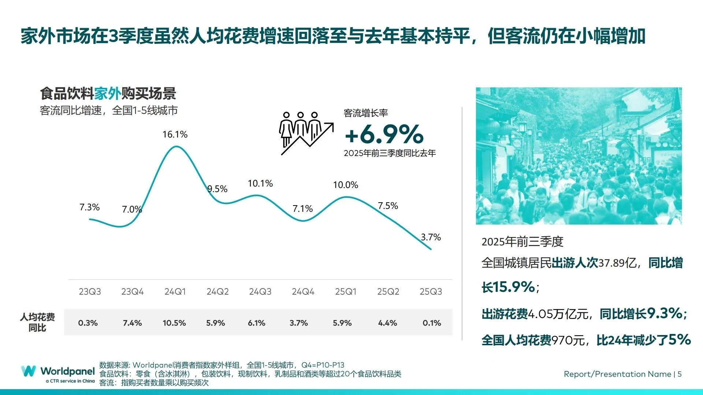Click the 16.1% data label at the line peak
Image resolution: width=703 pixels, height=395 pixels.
[x=175, y=135]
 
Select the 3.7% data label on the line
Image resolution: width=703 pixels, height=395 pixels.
[x=431, y=237]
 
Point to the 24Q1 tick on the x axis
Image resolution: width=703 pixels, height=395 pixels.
[x=175, y=291]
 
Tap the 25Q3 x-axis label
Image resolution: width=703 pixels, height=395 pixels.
[x=431, y=291]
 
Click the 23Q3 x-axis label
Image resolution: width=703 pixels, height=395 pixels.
[x=90, y=291]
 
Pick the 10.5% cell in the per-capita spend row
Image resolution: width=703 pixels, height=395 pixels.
[x=174, y=323]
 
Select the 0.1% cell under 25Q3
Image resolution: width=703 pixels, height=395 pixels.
[x=432, y=323]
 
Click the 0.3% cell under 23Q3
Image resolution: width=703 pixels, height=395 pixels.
[x=88, y=323]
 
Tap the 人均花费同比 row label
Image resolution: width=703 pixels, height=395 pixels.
[x=37, y=322]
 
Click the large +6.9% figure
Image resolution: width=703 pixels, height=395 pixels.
[x=384, y=134]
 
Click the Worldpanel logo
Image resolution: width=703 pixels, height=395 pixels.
[x=58, y=373]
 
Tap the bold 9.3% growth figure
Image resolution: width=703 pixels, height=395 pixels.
[x=664, y=313]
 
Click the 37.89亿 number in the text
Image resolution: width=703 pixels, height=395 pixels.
[x=617, y=263]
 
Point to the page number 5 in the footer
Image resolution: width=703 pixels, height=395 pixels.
[x=680, y=374]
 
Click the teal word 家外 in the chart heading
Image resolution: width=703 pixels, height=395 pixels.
[x=108, y=94]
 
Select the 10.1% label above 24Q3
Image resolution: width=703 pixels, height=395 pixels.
[x=260, y=184]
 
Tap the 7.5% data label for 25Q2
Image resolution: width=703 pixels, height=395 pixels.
[x=388, y=206]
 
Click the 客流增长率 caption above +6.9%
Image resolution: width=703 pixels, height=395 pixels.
[x=365, y=113]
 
